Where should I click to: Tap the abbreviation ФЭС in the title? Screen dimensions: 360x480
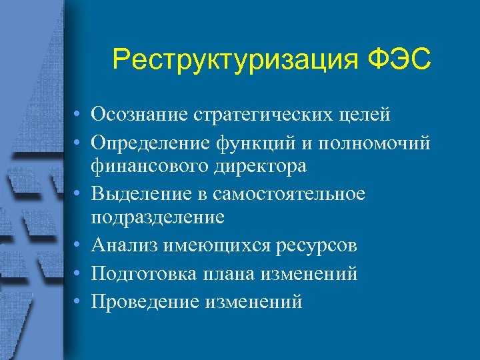(399, 60)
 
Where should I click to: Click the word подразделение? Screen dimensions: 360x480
(158, 217)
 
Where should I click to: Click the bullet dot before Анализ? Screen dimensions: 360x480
(79, 245)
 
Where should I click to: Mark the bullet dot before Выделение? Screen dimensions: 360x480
(79, 193)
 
